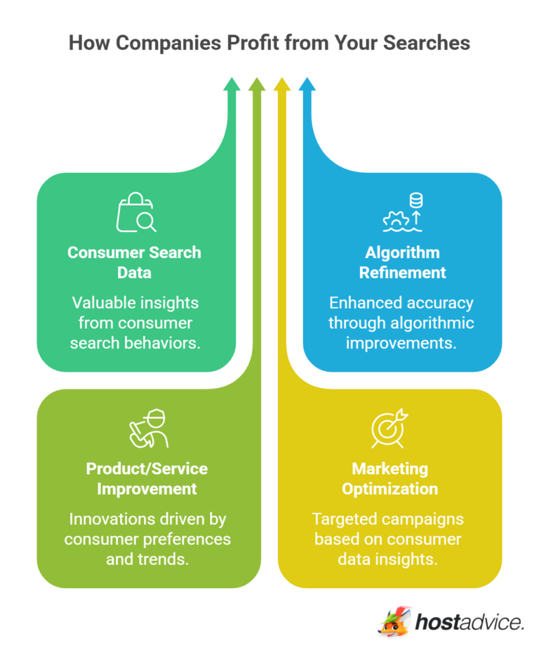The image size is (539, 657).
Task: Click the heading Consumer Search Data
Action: point(134,261)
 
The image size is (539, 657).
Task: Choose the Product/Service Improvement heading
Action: point(147,478)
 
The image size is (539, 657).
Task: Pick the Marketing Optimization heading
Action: point(390,478)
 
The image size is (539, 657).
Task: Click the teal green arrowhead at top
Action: point(231,84)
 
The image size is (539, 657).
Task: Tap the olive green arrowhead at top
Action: point(256,84)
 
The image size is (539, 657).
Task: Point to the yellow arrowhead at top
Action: point(281,84)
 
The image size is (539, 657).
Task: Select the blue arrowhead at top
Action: point(307,84)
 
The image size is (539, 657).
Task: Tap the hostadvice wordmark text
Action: point(469,622)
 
